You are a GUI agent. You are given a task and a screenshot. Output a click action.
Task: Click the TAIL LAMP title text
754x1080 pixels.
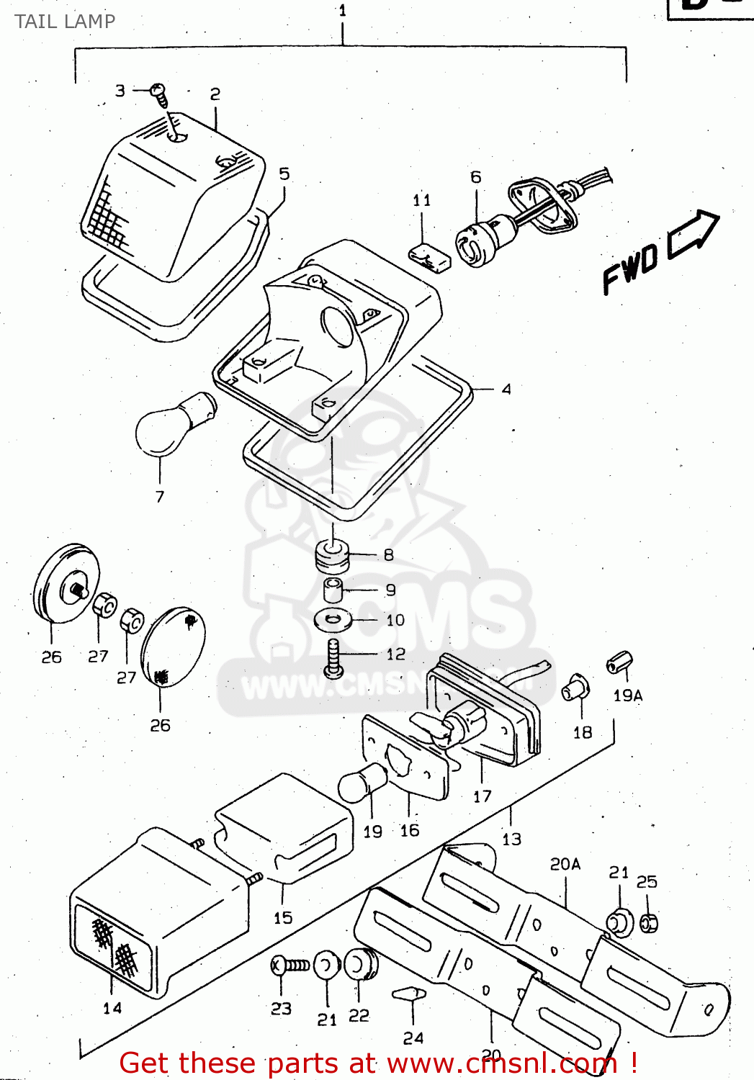coord(65,22)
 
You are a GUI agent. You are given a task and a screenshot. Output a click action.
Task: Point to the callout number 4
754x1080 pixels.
coord(506,390)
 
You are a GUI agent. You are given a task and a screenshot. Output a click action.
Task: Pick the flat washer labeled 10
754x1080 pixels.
coord(333,618)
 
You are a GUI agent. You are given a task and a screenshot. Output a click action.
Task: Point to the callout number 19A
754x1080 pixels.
coord(627,696)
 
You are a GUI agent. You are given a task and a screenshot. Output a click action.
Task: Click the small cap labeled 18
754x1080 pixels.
coord(575,688)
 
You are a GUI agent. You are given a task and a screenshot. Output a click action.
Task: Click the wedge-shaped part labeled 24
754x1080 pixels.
coord(409,994)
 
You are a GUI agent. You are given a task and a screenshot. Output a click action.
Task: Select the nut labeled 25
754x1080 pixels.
coord(648,922)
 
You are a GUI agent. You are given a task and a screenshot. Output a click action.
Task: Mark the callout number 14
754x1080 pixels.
coord(112,1008)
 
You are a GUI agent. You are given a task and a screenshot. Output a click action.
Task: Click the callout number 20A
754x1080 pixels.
coord(565,864)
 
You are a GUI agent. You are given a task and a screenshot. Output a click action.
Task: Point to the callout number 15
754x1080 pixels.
coord(283,918)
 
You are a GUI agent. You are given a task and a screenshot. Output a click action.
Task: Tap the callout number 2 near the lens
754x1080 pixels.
coord(215,94)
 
